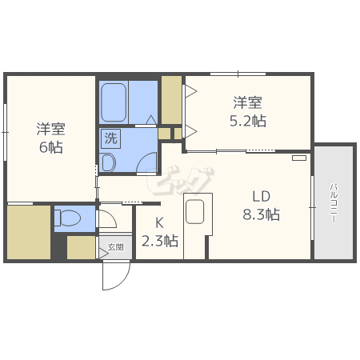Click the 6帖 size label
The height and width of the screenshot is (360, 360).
(50, 147)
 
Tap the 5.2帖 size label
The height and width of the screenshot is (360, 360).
(247, 121)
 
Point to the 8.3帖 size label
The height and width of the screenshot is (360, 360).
(261, 214)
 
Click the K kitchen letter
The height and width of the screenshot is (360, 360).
(159, 223)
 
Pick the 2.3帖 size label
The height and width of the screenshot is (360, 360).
(159, 241)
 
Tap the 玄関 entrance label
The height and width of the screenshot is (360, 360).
(115, 248)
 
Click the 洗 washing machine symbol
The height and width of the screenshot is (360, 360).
(110, 138)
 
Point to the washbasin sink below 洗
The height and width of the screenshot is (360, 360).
(109, 163)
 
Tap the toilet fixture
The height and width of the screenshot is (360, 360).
(70, 218)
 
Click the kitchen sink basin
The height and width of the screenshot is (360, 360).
(196, 213)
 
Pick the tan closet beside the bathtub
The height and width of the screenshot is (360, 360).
(171, 100)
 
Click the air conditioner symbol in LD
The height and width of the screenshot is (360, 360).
(298, 158)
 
